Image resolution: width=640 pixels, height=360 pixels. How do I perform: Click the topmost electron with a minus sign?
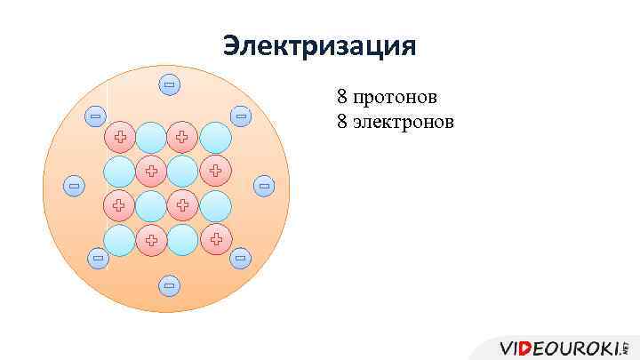point(169,85)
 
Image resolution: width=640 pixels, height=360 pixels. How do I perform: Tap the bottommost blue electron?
point(169,285)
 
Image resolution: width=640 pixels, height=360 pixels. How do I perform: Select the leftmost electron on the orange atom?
point(74,186)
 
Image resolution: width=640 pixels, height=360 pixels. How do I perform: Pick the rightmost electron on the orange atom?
point(263,186)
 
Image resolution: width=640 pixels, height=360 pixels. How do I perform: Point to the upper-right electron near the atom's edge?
point(240,116)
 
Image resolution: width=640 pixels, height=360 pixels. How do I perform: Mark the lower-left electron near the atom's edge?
point(98,258)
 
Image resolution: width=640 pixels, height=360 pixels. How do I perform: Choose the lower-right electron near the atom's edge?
point(240,258)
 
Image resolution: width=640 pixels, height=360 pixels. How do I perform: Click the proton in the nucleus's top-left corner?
point(119,137)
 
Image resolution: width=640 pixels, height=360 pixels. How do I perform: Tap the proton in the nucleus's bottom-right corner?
point(215,238)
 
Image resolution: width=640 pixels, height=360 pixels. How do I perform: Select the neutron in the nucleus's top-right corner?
point(215,137)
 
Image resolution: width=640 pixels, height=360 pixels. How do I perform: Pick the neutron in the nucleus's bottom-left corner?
point(119,238)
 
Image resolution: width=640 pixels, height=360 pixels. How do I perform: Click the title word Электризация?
point(319,44)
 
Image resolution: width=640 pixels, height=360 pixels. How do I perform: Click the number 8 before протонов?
point(342,95)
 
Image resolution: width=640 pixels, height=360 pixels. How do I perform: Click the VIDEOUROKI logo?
point(564,347)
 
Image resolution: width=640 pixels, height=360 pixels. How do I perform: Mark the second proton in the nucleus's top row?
point(183,137)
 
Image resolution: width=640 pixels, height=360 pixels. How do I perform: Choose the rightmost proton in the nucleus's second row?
point(215,171)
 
